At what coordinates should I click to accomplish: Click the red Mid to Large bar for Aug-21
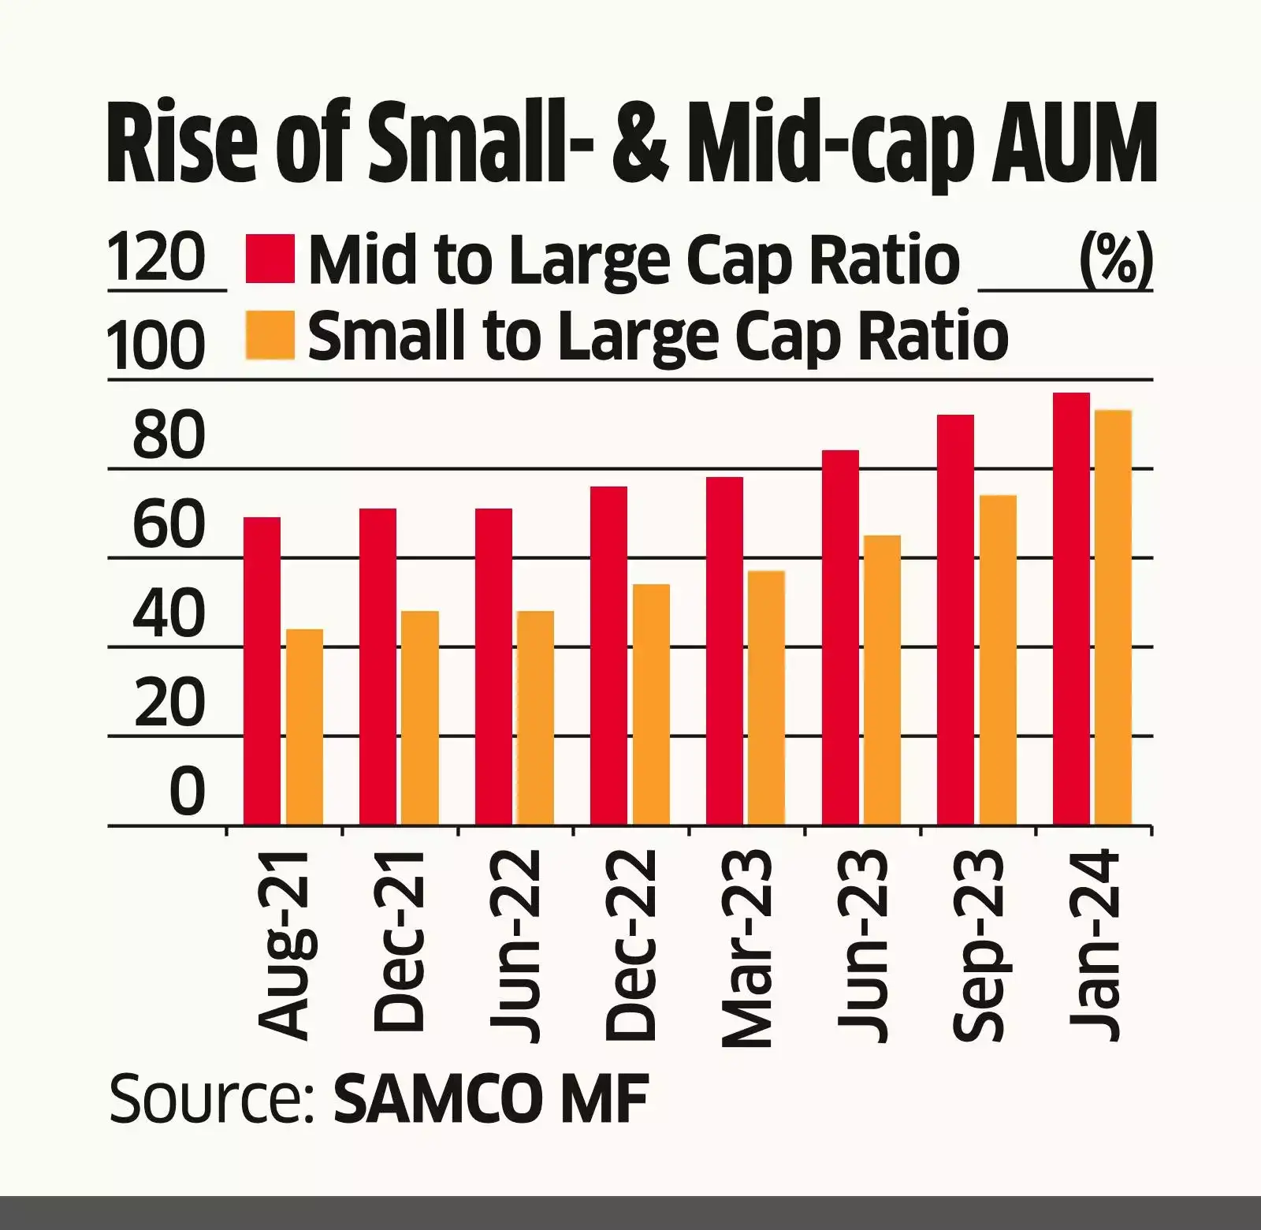(x=262, y=671)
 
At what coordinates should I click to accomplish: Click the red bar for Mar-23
(x=724, y=650)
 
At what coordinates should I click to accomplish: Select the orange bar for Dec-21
(x=419, y=717)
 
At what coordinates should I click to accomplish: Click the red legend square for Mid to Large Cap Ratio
(x=270, y=258)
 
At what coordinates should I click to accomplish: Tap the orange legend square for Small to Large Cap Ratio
(x=270, y=335)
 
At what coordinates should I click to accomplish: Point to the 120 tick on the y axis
(x=156, y=258)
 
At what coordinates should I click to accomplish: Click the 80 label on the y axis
(x=169, y=435)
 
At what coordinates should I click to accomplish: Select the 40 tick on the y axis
(x=169, y=613)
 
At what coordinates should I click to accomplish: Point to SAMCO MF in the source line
(x=490, y=1098)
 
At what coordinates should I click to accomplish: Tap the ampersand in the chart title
(x=639, y=147)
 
